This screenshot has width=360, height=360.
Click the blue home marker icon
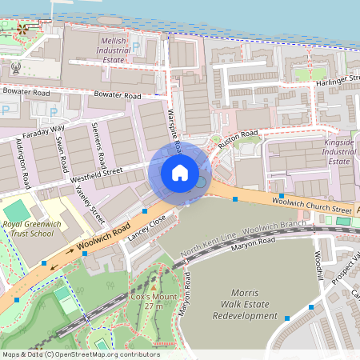pyautogui.click(x=180, y=173)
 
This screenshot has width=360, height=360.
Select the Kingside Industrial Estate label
pyautogui.click(x=338, y=151)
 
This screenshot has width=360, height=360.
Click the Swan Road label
pyautogui.click(x=62, y=151)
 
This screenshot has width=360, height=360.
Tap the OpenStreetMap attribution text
pyautogui.click(x=80, y=354)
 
